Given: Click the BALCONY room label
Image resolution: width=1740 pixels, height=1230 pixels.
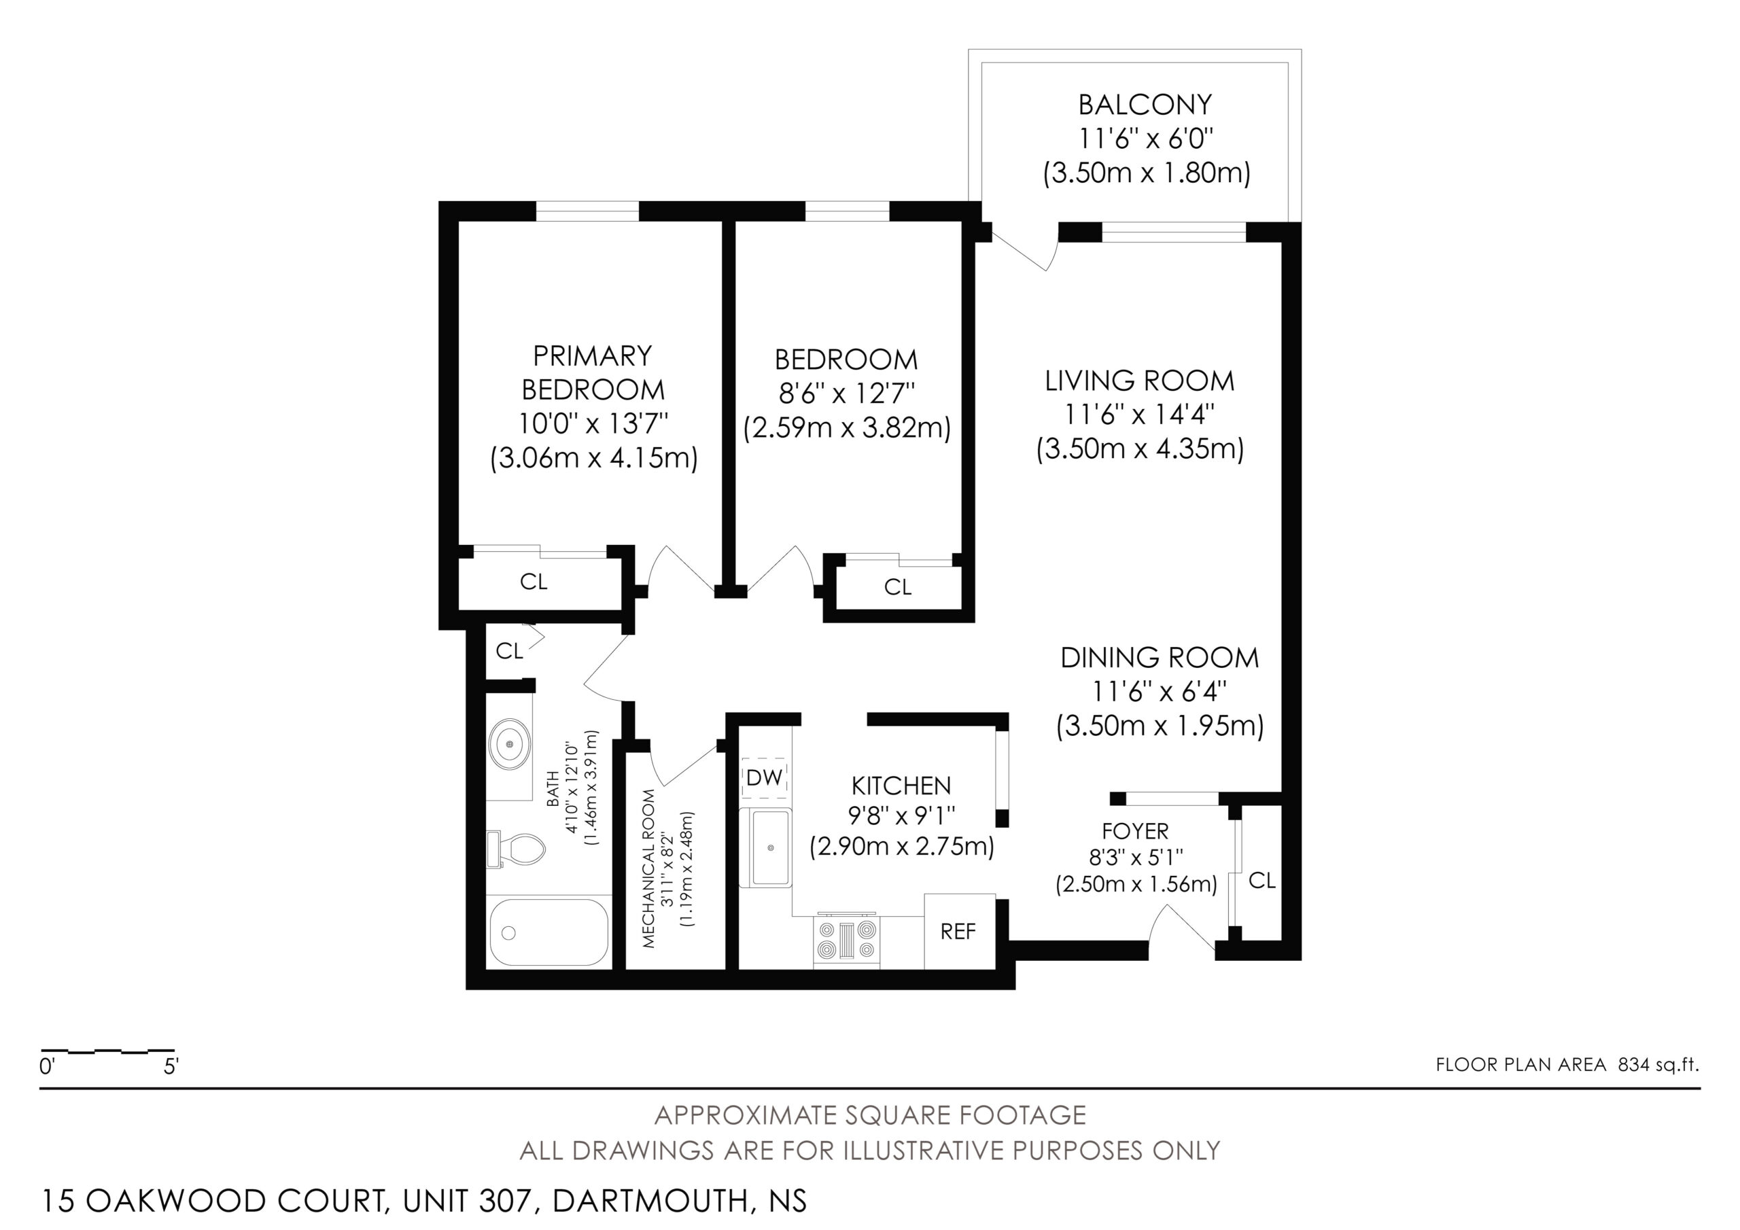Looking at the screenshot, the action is tap(1145, 104).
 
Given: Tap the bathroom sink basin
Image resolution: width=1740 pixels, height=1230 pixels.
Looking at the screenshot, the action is tap(509, 745).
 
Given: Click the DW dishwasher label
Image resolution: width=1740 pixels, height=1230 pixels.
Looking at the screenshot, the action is tap(764, 778).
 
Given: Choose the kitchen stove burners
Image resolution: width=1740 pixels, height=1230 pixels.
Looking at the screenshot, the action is tap(846, 939).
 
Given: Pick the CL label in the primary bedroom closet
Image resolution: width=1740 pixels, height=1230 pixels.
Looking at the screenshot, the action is tap(534, 582).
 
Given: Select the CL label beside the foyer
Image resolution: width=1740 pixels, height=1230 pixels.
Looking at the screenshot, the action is tap(1261, 880).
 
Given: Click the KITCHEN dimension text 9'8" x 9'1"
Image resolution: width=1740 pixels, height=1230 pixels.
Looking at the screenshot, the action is tap(901, 815).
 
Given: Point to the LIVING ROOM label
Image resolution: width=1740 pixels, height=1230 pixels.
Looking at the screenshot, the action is tap(1140, 381).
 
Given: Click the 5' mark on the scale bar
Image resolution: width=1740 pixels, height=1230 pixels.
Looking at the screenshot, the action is tap(171, 1067).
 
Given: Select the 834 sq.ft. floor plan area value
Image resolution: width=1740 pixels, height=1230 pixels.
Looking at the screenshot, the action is tap(1659, 1065).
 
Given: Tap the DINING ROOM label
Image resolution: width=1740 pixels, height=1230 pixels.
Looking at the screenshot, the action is tap(1160, 658).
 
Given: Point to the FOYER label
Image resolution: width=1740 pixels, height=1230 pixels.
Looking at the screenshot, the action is tap(1135, 831).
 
